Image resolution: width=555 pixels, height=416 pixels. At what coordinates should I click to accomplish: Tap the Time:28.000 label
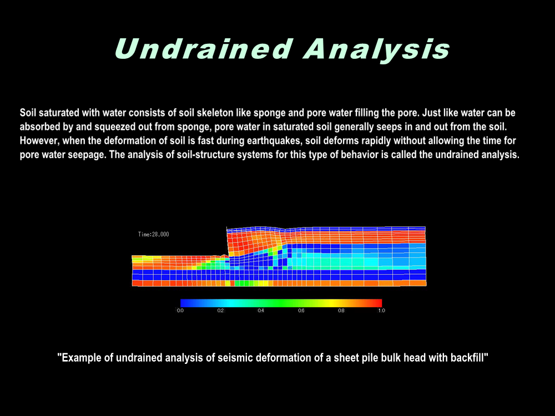[x=153, y=234]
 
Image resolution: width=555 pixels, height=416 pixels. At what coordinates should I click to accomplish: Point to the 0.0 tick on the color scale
[x=180, y=311]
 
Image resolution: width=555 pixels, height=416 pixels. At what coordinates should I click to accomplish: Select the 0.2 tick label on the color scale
[x=220, y=311]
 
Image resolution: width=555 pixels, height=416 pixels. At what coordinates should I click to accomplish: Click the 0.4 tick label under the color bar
[x=261, y=311]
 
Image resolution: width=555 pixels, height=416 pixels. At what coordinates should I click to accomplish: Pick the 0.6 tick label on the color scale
[x=301, y=311]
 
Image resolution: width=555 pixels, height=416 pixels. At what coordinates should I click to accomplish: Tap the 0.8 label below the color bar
[x=341, y=311]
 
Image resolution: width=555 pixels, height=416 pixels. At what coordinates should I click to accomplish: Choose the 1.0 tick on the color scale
[x=382, y=311]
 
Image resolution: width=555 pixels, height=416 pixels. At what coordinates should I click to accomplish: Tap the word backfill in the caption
[x=470, y=358]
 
